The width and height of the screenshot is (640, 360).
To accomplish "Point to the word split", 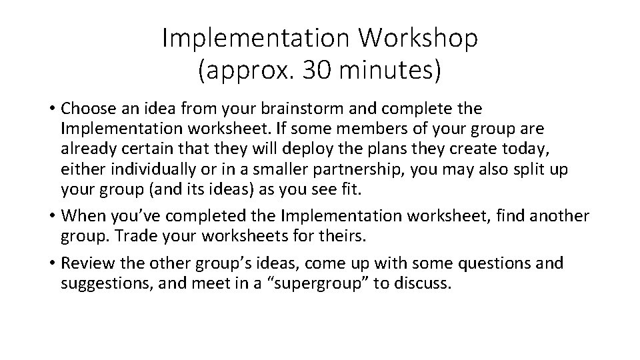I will click(521, 169).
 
